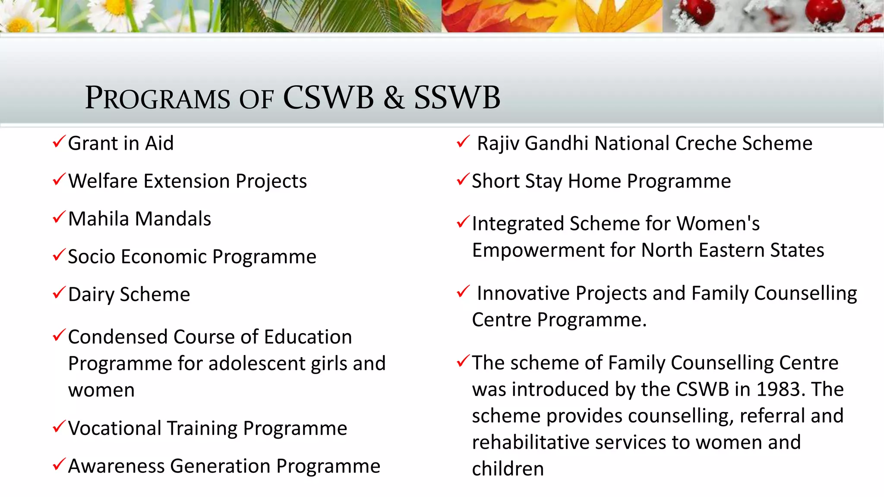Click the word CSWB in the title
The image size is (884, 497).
(328, 98)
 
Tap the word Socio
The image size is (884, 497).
(91, 257)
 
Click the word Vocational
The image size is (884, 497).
(114, 428)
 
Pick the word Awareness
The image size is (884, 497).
(116, 466)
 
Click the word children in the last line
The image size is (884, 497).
(508, 469)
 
